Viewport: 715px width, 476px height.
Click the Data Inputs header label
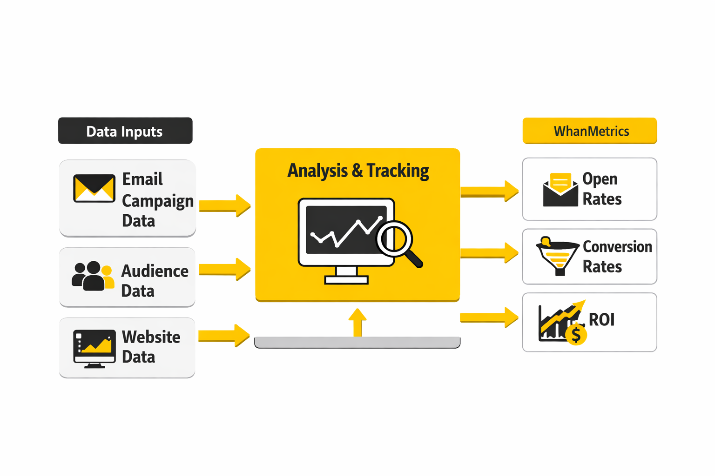125,131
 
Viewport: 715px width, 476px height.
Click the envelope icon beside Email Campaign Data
94,188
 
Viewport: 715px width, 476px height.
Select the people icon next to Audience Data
93,276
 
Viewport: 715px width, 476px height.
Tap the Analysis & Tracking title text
358,171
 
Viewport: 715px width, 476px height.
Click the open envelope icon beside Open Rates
560,190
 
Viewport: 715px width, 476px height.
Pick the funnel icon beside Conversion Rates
557,256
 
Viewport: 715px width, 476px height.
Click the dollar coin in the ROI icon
576,334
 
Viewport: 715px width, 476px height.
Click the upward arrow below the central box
357,322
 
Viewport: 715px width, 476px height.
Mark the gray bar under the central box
357,343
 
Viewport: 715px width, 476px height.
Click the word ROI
601,320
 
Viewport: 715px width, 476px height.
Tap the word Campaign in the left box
157,201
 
